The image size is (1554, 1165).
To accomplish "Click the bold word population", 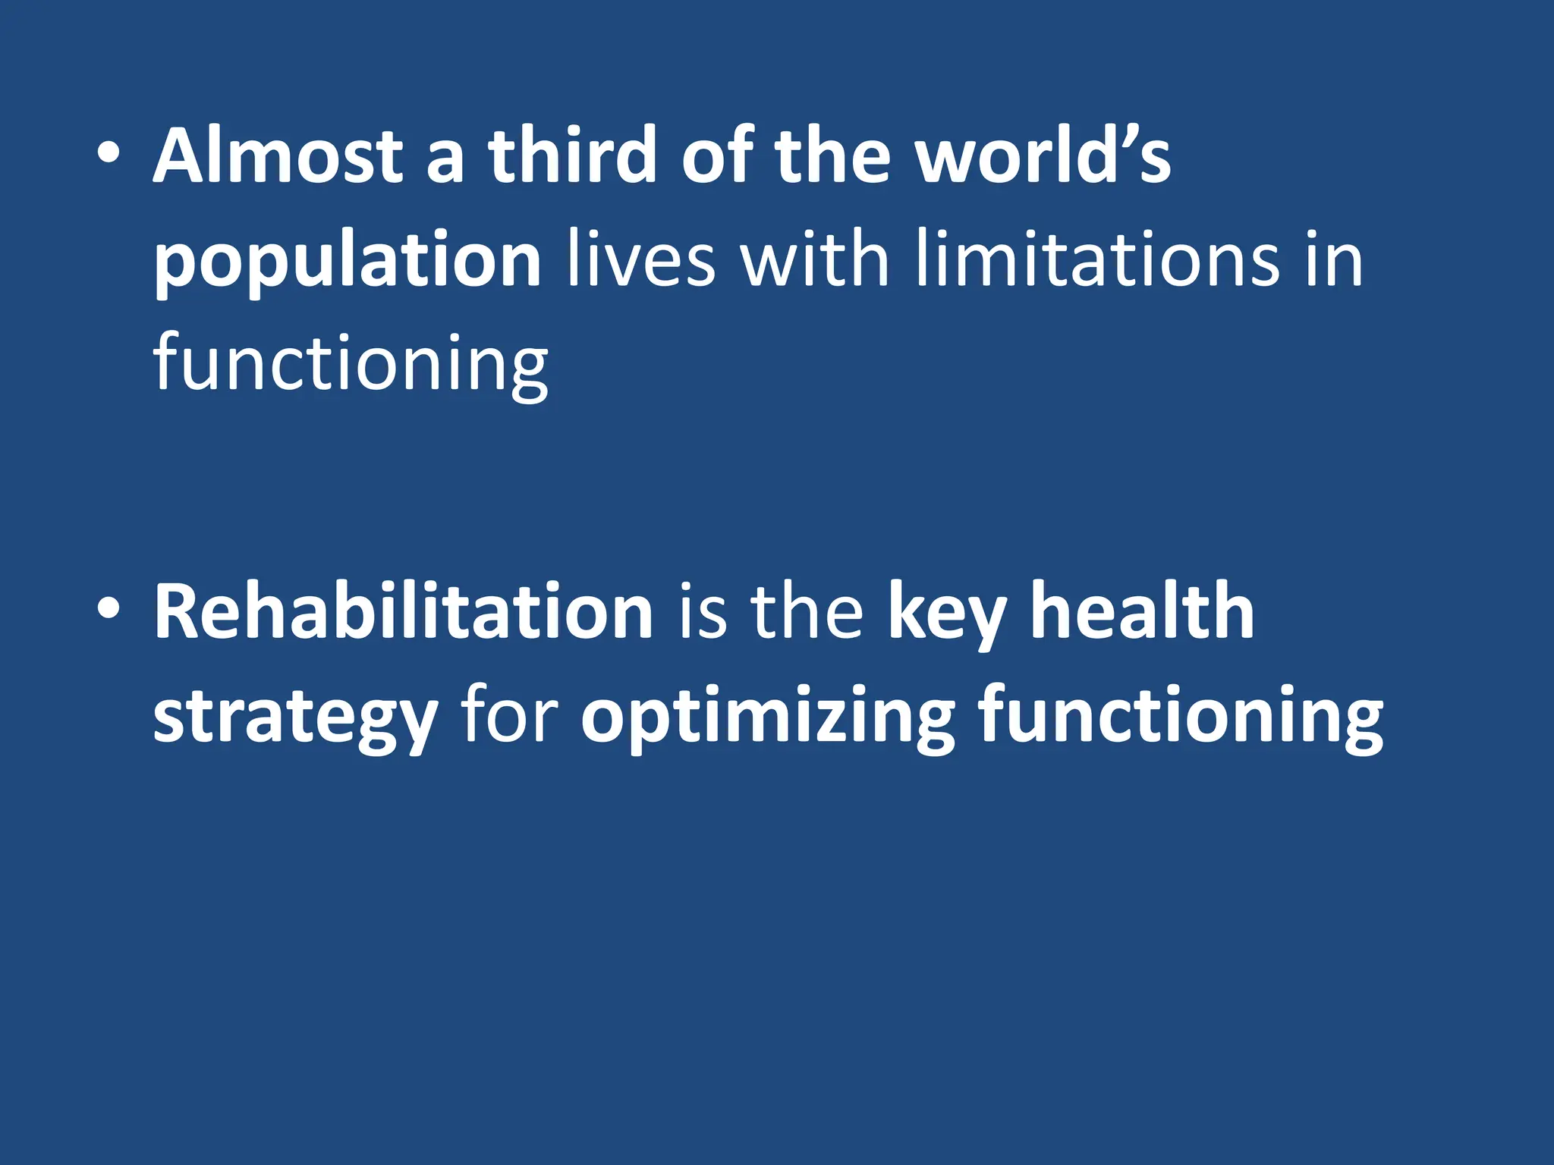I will pos(348,262).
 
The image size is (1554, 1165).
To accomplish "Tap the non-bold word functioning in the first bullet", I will pos(351,364).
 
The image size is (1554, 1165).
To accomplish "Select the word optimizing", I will pos(767,718).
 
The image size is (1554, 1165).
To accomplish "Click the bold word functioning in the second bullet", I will pos(1181,718).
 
